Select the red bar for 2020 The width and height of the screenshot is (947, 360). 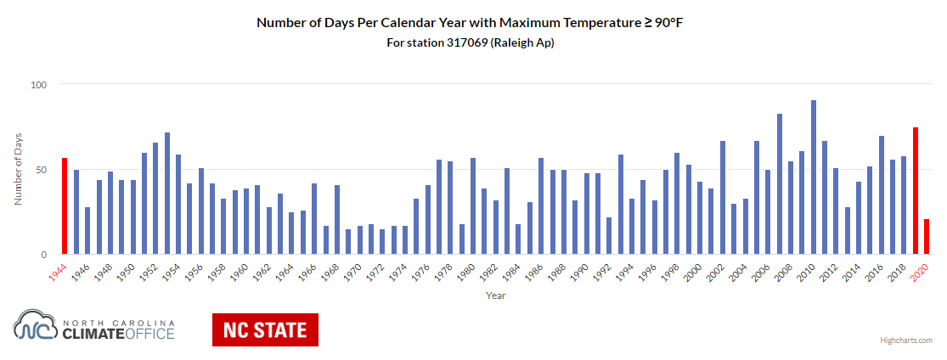[x=927, y=237]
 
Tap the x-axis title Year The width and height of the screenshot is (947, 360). [x=496, y=295]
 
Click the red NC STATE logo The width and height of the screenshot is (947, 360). [x=265, y=329]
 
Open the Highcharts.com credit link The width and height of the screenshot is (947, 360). [x=905, y=340]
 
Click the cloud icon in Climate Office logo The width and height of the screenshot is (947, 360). [x=37, y=327]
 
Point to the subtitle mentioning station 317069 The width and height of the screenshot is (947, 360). [x=470, y=42]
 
